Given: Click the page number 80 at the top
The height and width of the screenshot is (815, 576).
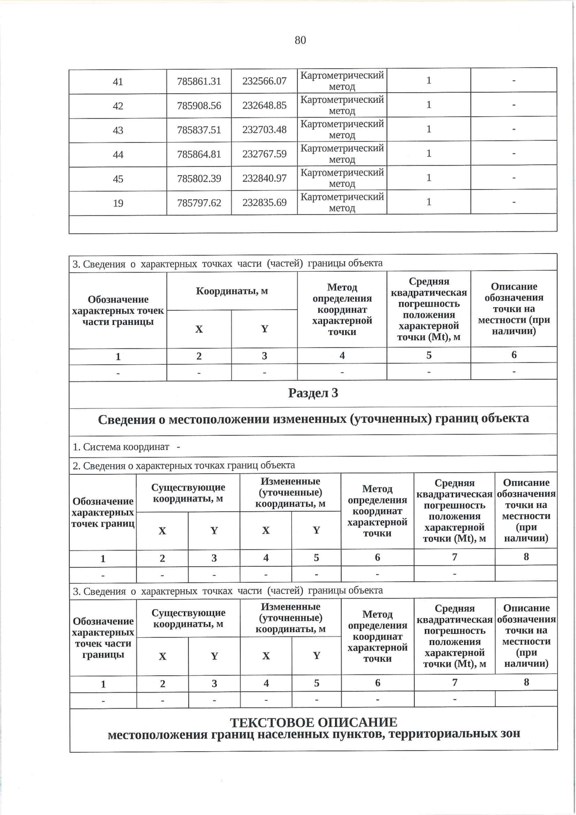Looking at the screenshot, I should (300, 40).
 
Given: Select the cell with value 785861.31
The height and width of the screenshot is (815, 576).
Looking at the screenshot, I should (199, 81).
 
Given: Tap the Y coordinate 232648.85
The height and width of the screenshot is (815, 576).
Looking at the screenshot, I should (264, 105).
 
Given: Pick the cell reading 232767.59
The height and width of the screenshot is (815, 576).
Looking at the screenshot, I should (264, 154).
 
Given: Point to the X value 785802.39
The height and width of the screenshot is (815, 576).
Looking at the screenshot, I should (199, 179).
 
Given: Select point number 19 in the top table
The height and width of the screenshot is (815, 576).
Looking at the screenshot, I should (118, 203).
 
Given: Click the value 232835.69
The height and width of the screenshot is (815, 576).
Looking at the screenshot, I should (264, 203).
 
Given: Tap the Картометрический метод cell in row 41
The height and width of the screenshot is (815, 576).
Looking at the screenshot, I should (342, 81).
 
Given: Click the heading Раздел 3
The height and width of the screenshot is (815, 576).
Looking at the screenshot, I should (313, 393).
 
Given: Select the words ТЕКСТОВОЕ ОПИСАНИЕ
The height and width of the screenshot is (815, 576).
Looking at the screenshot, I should (313, 722).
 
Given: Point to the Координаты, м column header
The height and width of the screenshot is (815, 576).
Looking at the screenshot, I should (232, 291).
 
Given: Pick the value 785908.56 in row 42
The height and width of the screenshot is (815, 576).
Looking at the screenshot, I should (199, 106).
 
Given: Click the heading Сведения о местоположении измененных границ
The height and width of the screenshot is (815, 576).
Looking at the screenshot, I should (313, 419).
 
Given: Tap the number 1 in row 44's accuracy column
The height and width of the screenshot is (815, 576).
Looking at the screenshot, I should (428, 154).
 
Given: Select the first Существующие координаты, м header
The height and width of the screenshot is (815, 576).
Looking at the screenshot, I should (188, 493).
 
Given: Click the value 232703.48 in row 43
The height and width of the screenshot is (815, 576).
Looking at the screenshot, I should (264, 130).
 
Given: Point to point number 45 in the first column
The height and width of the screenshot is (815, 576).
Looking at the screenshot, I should (118, 179).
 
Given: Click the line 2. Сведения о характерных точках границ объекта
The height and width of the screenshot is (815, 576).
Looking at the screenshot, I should (183, 465).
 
